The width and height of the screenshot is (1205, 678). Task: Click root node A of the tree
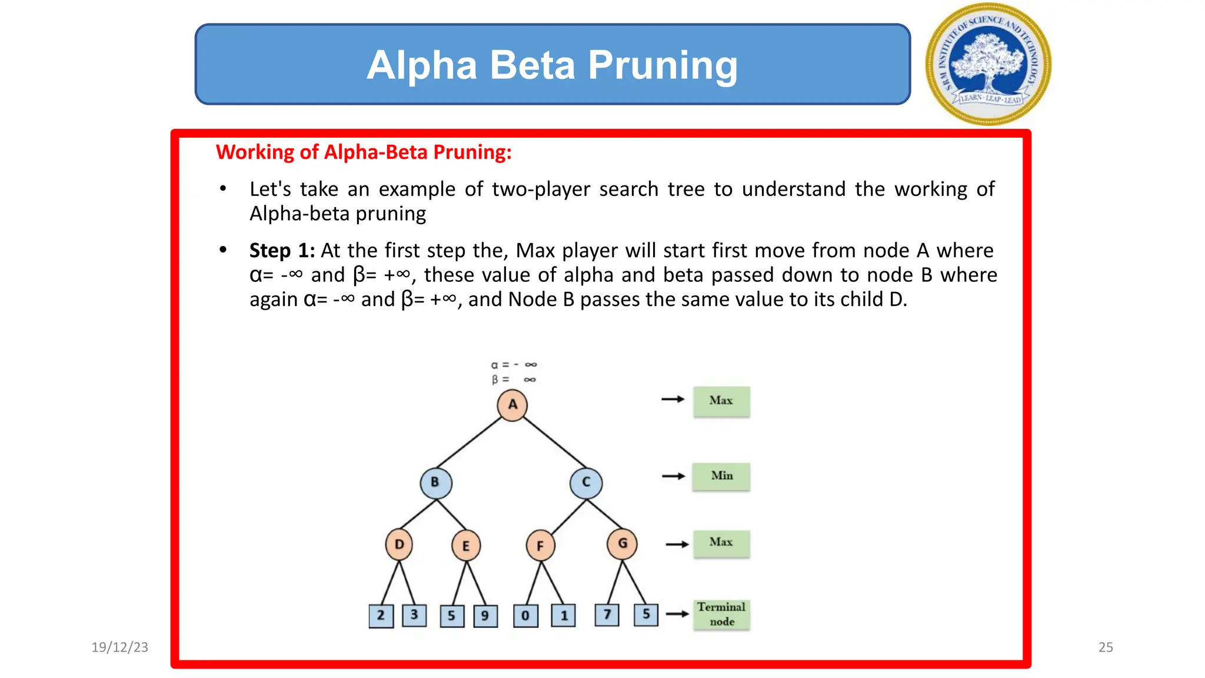tap(512, 405)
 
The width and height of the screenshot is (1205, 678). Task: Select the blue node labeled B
tap(436, 483)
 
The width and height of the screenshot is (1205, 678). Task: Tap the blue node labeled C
tap(586, 483)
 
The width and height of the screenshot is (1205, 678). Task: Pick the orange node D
tap(399, 544)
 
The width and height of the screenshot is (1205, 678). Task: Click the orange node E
tap(466, 546)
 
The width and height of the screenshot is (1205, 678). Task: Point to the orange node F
tap(540, 546)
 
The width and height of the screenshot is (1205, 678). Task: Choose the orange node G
tap(622, 544)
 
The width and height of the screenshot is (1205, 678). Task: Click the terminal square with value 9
tap(485, 616)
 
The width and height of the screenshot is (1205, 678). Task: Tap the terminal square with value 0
tap(525, 616)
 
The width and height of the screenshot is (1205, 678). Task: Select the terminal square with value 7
tap(607, 615)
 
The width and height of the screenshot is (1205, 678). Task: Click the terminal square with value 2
tap(381, 616)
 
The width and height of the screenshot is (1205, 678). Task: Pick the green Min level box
tap(721, 476)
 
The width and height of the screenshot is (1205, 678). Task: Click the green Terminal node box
tap(721, 614)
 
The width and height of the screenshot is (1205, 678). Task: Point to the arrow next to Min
tap(673, 476)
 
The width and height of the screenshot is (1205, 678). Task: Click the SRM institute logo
tap(988, 64)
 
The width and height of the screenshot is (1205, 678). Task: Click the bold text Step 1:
tap(282, 251)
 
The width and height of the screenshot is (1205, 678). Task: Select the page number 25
tap(1106, 647)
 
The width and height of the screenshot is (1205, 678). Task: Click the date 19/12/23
tap(120, 647)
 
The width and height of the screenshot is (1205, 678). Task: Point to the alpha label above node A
tap(514, 365)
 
